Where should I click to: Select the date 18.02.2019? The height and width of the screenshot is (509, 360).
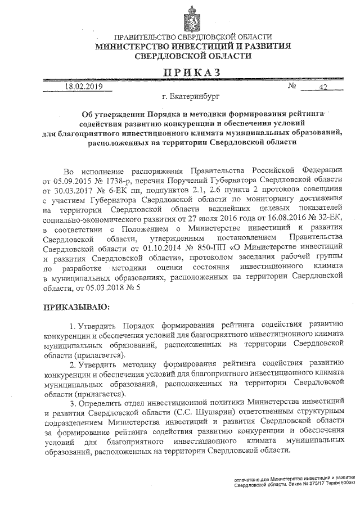[84, 87]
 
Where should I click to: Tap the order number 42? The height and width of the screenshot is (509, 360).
[323, 88]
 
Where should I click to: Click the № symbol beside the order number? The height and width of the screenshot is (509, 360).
[292, 87]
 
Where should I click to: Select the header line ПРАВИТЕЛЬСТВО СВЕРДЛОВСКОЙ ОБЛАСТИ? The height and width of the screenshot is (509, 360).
[192, 37]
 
